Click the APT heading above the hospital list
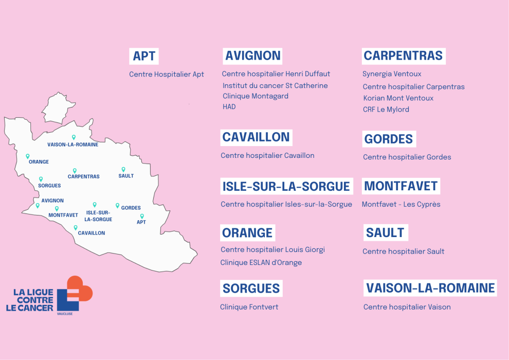(x=144, y=56)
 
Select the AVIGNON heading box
(x=253, y=56)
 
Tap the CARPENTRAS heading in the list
(x=403, y=56)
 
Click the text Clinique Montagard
(x=256, y=96)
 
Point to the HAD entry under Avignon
(x=229, y=107)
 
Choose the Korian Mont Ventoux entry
(x=398, y=98)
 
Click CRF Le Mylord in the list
(x=386, y=110)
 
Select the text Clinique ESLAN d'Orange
(x=261, y=263)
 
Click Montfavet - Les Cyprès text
(x=401, y=204)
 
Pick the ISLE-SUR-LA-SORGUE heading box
(x=286, y=186)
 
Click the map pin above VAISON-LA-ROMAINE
(x=74, y=137)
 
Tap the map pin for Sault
(x=123, y=169)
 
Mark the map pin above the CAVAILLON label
(x=76, y=227)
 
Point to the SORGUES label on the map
(x=49, y=186)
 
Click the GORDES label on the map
(x=131, y=208)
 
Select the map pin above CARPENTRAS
(x=75, y=170)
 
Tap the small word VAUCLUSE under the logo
(x=65, y=314)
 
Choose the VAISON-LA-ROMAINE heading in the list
(x=430, y=288)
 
